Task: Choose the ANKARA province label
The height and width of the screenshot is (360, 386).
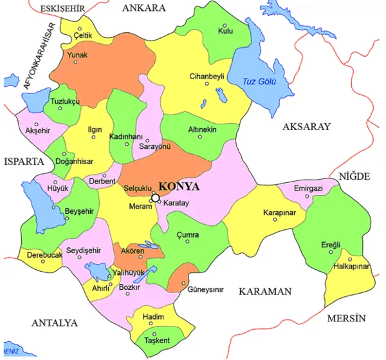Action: [x=143, y=8]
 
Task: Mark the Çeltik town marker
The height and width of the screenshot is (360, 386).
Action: [x=80, y=29]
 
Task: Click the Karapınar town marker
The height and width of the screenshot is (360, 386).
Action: [x=275, y=220]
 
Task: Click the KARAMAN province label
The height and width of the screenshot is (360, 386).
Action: [x=265, y=292]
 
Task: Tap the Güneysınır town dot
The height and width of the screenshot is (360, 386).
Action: [x=184, y=282]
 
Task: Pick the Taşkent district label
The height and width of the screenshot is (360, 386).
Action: [x=158, y=339]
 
